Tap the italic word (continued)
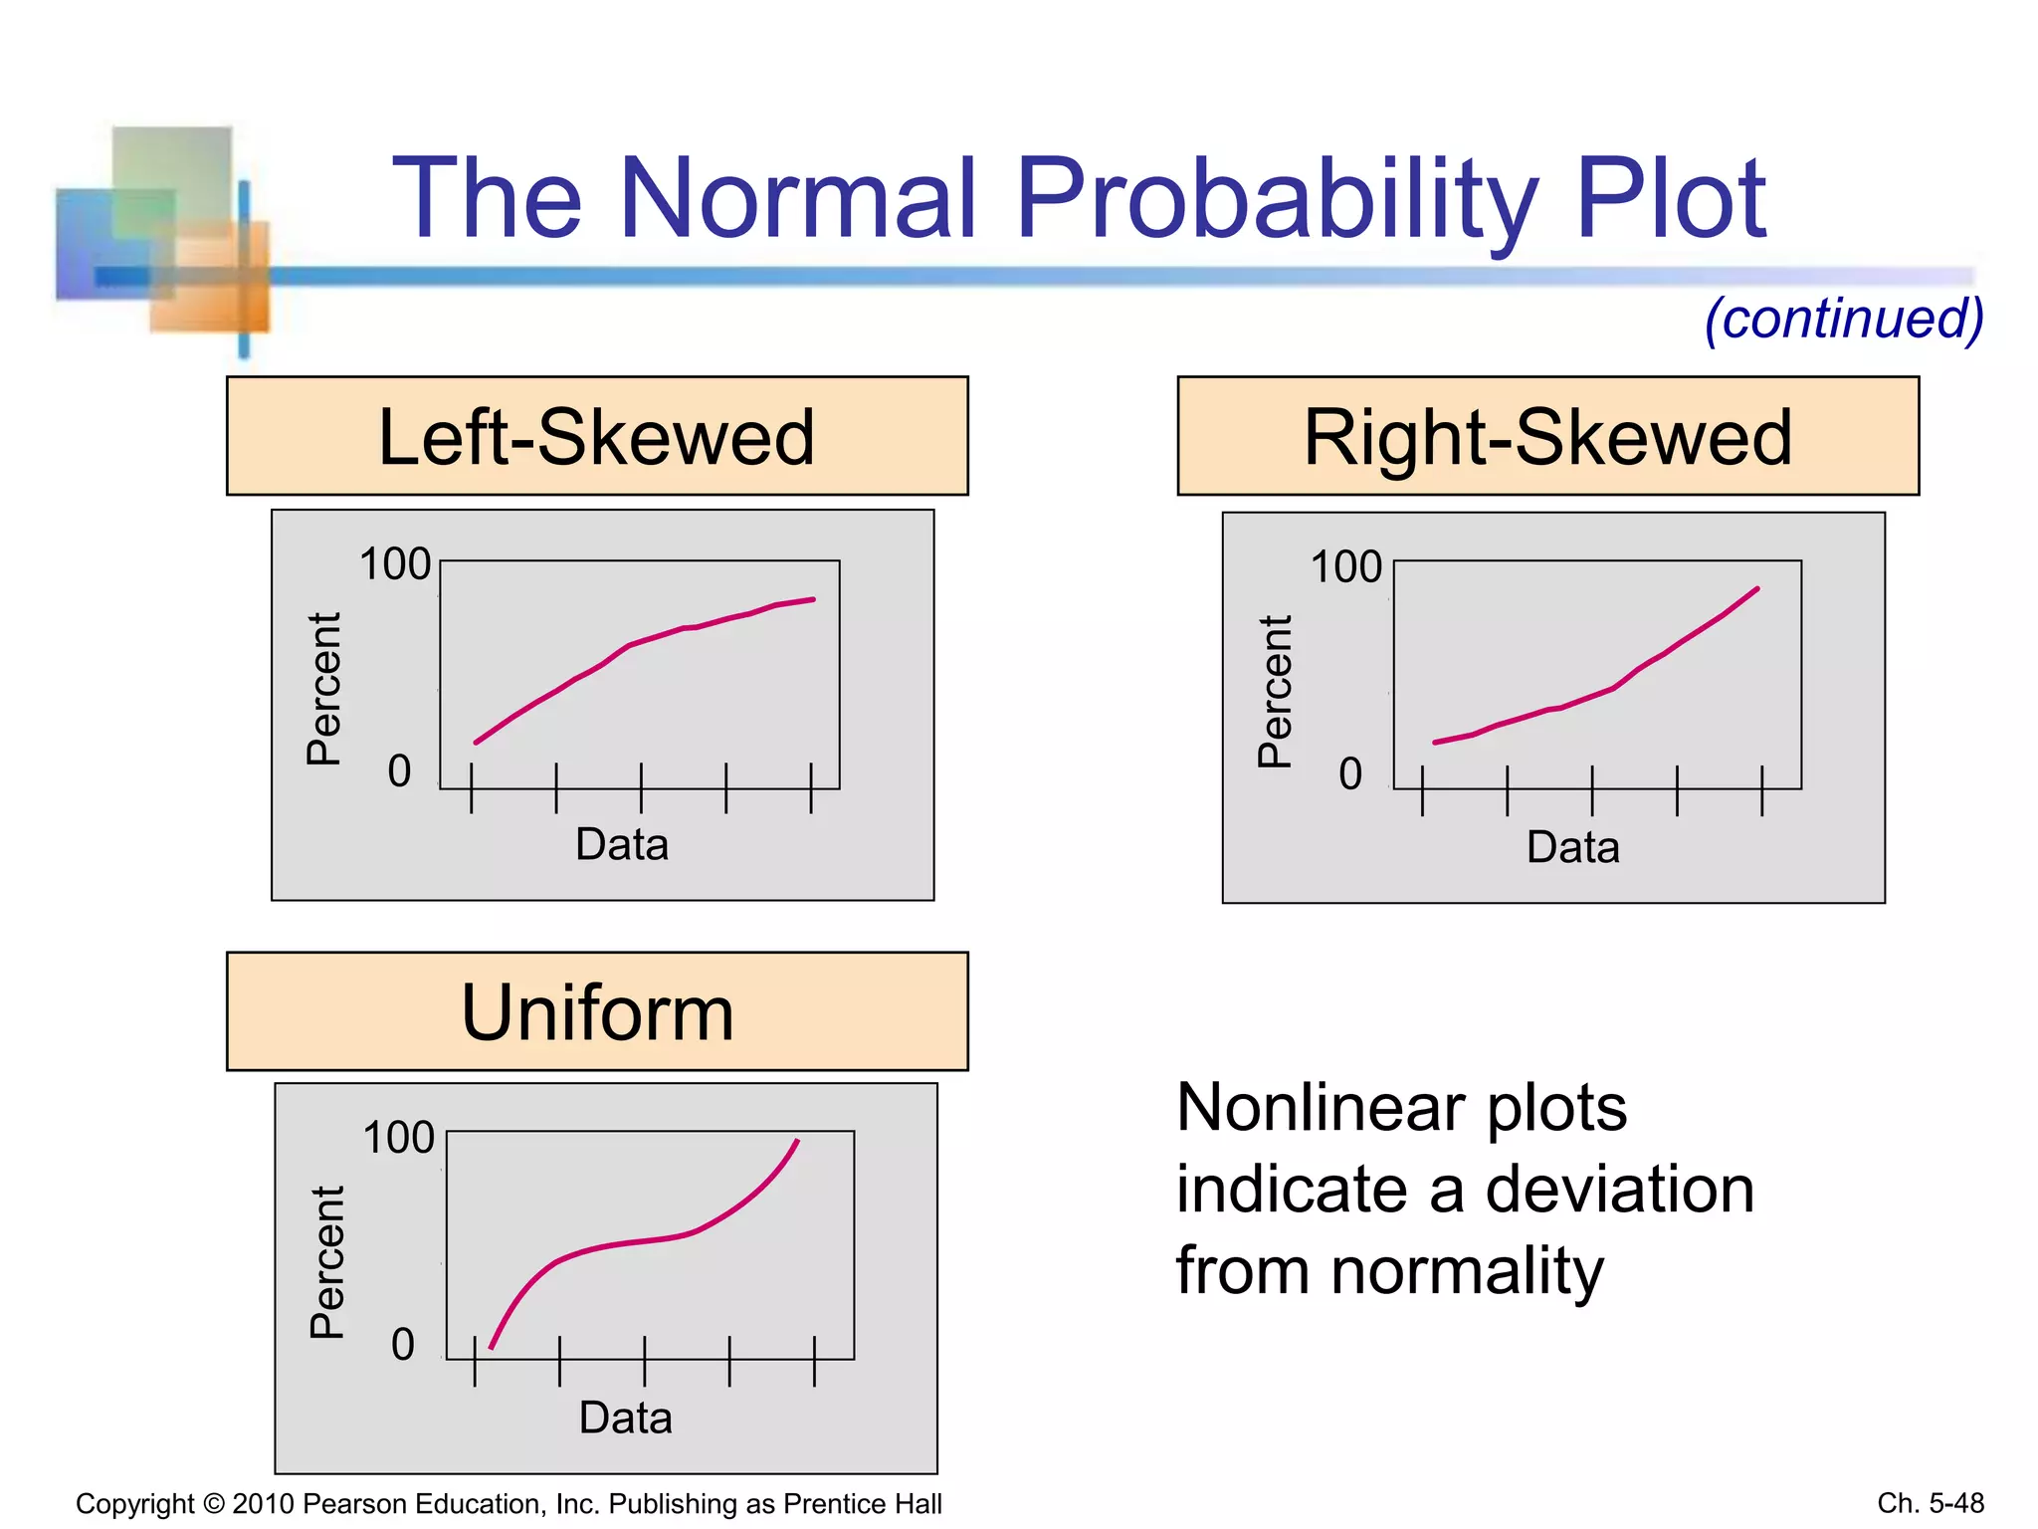click(x=1844, y=319)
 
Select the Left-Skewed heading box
click(x=597, y=436)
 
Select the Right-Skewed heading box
click(x=1547, y=436)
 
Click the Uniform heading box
click(x=597, y=1011)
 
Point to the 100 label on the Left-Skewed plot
click(x=394, y=564)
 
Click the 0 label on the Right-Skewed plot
click(x=1349, y=773)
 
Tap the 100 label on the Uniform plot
click(x=398, y=1138)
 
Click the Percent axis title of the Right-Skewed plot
click(x=1275, y=691)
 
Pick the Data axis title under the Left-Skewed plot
click(x=622, y=844)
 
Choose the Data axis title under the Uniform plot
click(x=625, y=1418)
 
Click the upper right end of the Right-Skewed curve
click(x=1757, y=589)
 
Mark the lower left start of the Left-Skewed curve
click(x=477, y=742)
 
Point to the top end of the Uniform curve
click(x=797, y=1141)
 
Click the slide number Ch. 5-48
click(x=1930, y=1503)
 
